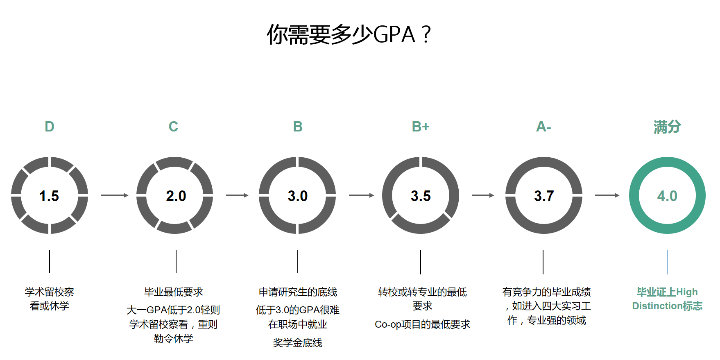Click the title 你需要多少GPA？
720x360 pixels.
(x=349, y=34)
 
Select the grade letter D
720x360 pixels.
(x=50, y=127)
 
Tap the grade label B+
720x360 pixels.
(x=421, y=127)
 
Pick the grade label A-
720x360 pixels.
(x=543, y=127)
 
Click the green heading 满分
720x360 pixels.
(x=667, y=127)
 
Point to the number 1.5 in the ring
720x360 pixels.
(x=49, y=196)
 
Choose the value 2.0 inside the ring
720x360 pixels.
(x=176, y=196)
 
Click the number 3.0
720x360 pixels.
(x=298, y=196)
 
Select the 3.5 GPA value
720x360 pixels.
(x=421, y=196)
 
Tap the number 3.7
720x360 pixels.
(x=544, y=196)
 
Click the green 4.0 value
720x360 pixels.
(x=667, y=196)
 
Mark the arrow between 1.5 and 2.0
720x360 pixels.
(x=115, y=195)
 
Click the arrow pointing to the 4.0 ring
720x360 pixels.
(x=607, y=195)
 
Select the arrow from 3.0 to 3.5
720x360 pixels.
(x=362, y=195)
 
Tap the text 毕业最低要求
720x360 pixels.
(x=174, y=292)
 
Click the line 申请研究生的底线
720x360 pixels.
(x=298, y=292)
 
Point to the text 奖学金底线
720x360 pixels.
(x=298, y=343)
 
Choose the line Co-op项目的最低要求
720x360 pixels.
(x=422, y=324)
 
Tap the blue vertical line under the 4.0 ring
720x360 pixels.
(x=667, y=262)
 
